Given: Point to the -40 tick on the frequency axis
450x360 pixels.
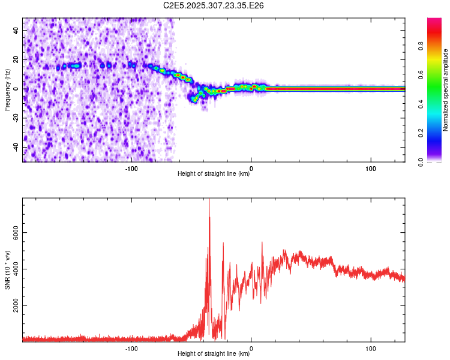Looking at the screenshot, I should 16,147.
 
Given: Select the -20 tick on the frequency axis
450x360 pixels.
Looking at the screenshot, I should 16,118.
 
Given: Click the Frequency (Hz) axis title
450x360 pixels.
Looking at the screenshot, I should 7,90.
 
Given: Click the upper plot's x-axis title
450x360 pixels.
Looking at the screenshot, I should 214,174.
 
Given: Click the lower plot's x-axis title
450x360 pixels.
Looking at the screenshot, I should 214,354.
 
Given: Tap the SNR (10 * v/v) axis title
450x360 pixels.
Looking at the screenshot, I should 7,269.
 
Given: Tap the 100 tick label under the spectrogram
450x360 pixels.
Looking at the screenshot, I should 371,169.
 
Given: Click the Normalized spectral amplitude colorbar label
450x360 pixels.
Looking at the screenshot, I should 446,90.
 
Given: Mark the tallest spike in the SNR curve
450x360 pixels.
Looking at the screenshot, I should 209,200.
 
